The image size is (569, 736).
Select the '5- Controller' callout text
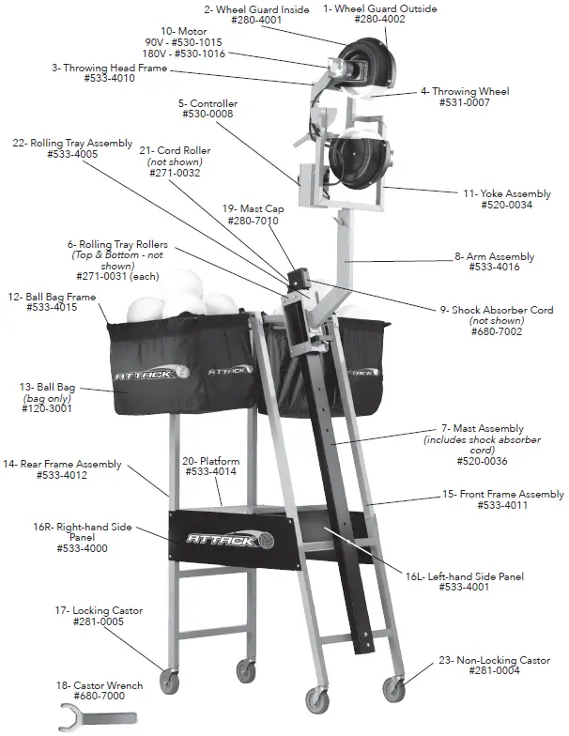pyautogui.click(x=208, y=103)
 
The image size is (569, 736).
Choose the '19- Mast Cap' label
pyautogui.click(x=253, y=208)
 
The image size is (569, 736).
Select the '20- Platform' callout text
pyautogui.click(x=210, y=461)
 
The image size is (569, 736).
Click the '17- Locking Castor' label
pyautogui.click(x=99, y=610)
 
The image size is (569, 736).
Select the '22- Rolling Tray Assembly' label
pyautogui.click(x=71, y=143)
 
